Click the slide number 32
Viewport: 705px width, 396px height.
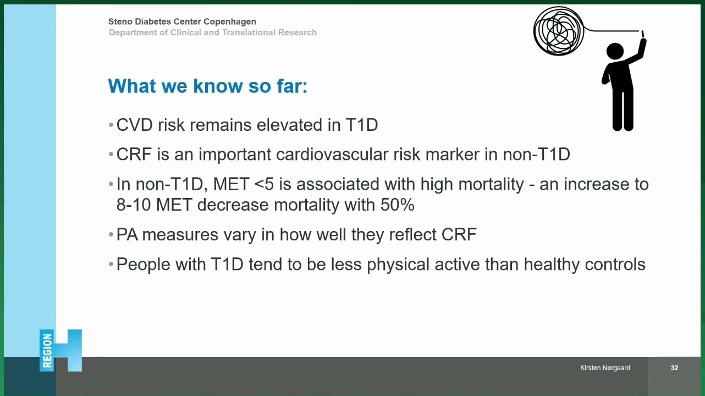coord(674,367)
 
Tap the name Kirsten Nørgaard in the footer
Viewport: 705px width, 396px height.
coord(605,368)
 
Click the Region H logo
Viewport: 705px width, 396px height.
coord(60,350)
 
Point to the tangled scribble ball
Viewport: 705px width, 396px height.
coord(559,31)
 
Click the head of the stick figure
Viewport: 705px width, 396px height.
coord(615,51)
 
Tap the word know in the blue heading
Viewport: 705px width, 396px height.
coord(217,86)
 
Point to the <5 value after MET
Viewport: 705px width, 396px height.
coord(264,184)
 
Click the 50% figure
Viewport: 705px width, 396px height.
coord(397,205)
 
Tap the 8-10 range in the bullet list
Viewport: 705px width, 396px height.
coord(134,205)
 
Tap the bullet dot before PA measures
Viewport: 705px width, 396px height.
coord(111,234)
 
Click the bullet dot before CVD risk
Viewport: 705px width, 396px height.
coord(111,125)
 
